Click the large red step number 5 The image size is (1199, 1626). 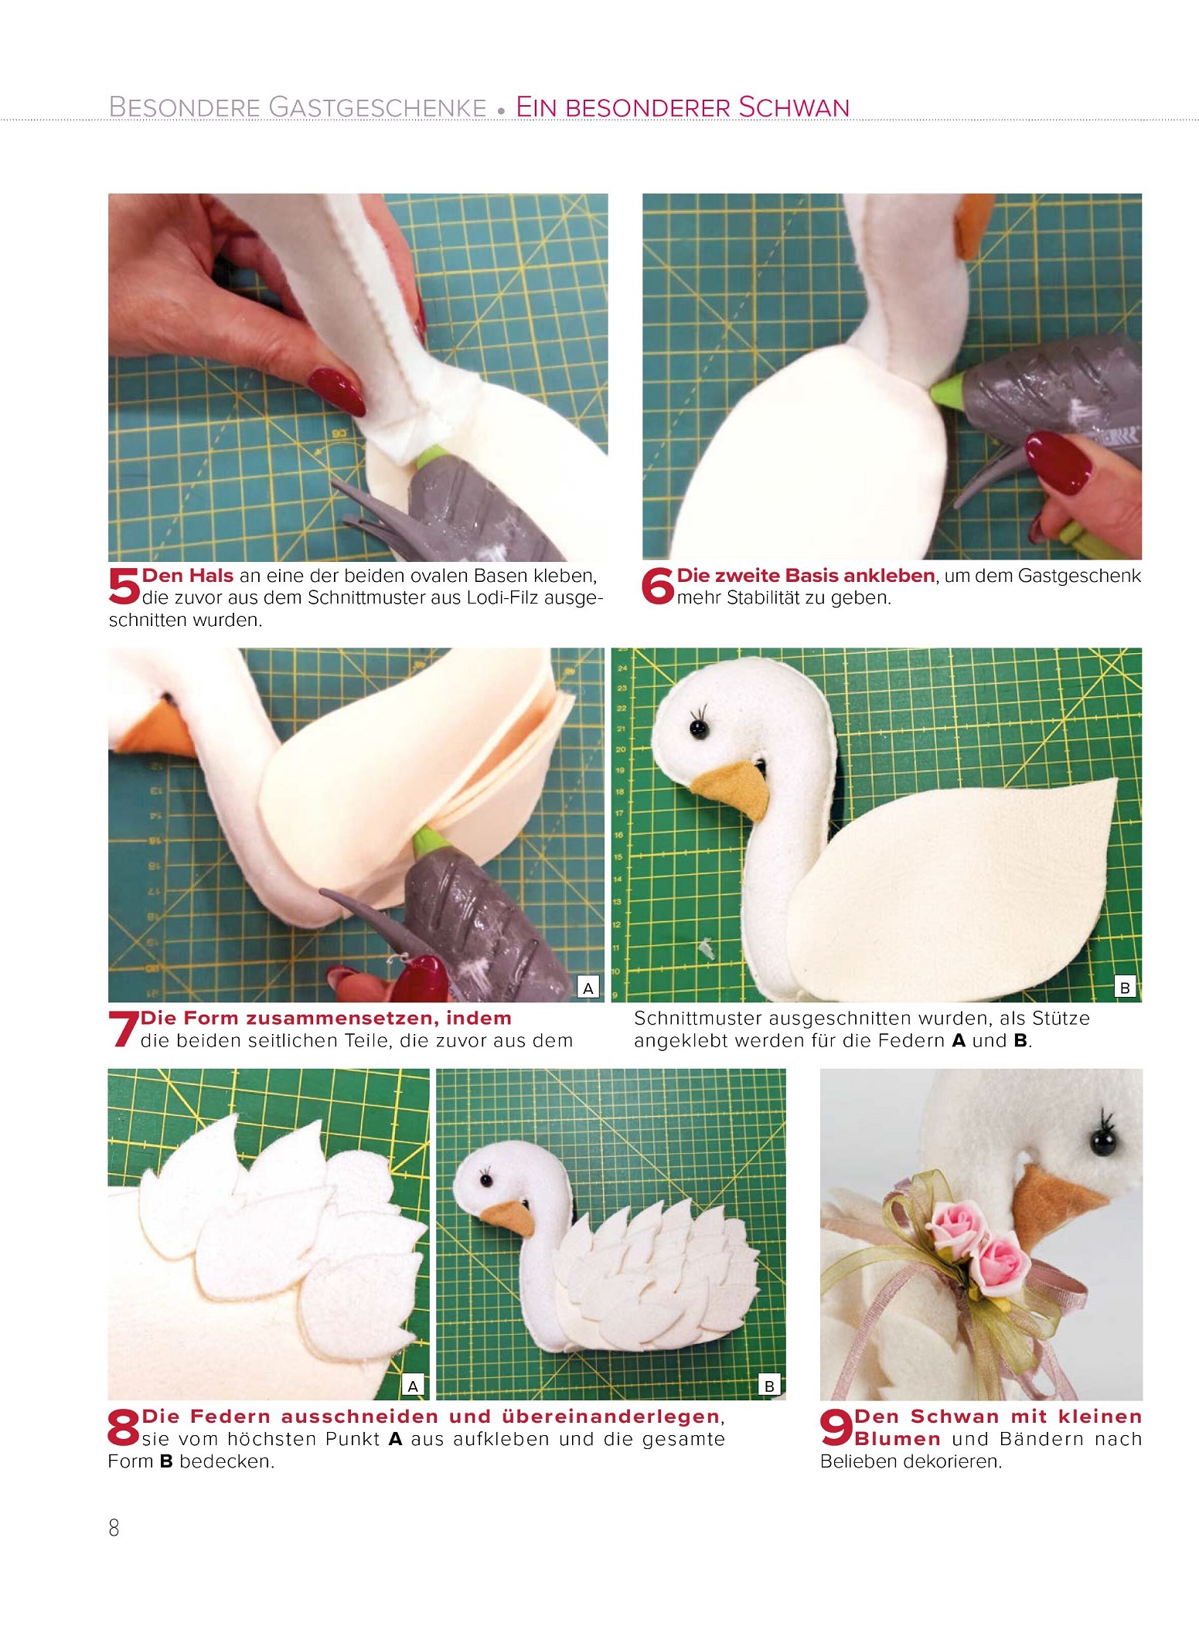tap(124, 586)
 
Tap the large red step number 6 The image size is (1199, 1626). tap(658, 586)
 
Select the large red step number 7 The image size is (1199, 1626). tap(124, 1029)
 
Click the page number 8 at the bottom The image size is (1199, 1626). tap(114, 1528)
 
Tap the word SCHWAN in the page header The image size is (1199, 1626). tap(794, 107)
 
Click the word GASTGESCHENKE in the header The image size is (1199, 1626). tap(377, 107)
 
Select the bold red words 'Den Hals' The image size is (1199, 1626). tap(188, 576)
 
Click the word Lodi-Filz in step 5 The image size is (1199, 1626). tap(502, 598)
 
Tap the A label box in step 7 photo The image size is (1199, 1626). tap(588, 987)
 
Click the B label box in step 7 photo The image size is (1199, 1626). tap(1126, 987)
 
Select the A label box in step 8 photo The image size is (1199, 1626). tap(413, 1386)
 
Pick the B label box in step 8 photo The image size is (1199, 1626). tap(769, 1386)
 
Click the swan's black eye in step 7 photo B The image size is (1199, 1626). tap(699, 728)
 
